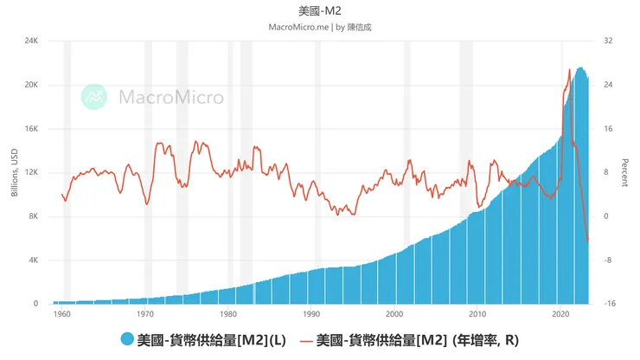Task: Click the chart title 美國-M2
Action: (320, 10)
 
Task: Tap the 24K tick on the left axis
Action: (30, 41)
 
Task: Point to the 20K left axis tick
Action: (30, 85)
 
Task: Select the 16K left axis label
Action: (30, 129)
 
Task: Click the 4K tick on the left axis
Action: (32, 260)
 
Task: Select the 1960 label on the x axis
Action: (62, 315)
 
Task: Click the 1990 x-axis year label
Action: (311, 315)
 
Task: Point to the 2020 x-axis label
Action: (560, 315)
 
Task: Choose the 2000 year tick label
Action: (394, 315)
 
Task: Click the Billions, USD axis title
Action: (14, 173)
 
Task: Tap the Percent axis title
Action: (624, 173)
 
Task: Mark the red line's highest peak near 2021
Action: (569, 69)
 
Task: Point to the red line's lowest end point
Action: (588, 241)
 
